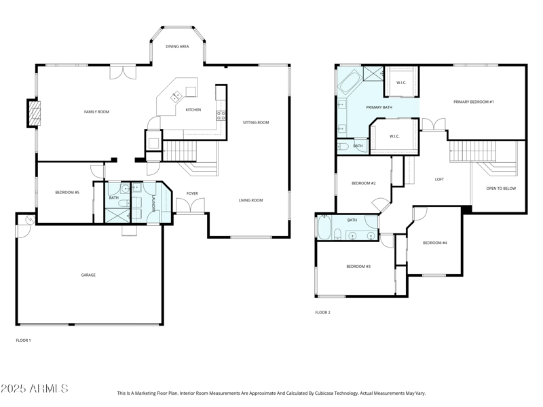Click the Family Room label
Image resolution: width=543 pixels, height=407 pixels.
(96, 112)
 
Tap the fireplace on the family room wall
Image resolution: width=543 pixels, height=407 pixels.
(33, 113)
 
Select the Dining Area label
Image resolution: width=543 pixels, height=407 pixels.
(177, 47)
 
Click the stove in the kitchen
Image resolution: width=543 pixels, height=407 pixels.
(220, 114)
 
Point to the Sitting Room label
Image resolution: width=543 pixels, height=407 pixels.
(256, 123)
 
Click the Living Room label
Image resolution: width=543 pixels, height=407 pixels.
(250, 200)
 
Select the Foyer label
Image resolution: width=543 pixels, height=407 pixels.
(193, 194)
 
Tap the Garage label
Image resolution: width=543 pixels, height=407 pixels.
(88, 275)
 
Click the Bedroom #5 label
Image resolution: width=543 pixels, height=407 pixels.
(67, 193)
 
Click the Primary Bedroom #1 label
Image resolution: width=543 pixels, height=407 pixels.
(474, 102)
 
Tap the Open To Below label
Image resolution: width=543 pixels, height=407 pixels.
(501, 189)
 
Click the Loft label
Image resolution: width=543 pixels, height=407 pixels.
(439, 180)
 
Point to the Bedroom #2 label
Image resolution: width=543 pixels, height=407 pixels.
(363, 183)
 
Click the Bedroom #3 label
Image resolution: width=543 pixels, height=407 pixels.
(358, 267)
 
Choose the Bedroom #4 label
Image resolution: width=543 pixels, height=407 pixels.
(434, 243)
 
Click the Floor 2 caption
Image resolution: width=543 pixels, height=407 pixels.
(322, 313)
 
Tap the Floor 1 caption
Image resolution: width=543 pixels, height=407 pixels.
(23, 340)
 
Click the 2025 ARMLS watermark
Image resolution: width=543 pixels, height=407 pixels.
(34, 389)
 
